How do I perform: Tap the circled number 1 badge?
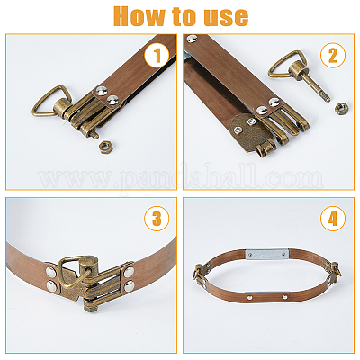pyautogui.click(x=157, y=56)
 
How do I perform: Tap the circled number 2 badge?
pyautogui.click(x=333, y=56)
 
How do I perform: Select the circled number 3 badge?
pyautogui.click(x=157, y=219)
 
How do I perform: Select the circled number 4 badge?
pyautogui.click(x=333, y=219)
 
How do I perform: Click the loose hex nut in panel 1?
pyautogui.click(x=105, y=147)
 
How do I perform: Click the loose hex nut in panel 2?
pyautogui.click(x=340, y=108)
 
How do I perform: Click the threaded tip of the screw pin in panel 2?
pyautogui.click(x=326, y=97)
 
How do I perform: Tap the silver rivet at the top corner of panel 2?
pyautogui.click(x=192, y=39)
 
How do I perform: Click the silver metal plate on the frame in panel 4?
pyautogui.click(x=266, y=255)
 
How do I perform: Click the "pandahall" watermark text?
pyautogui.click(x=181, y=180)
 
